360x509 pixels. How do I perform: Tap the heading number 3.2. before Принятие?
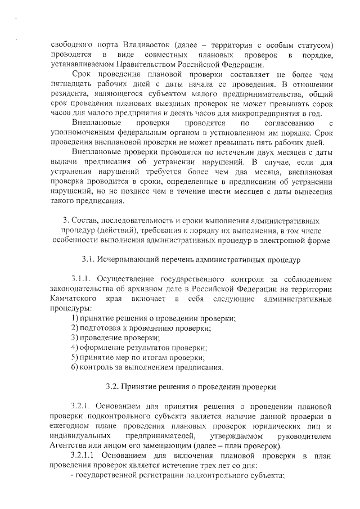(x=113, y=388)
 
